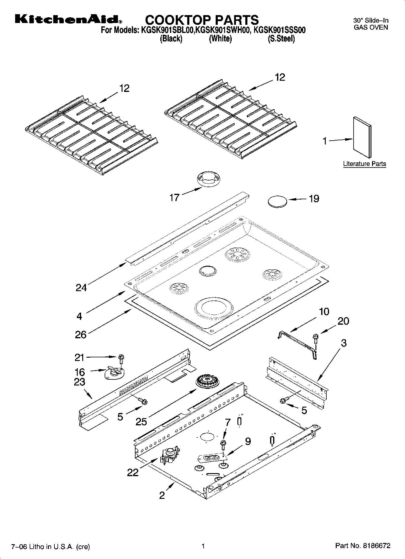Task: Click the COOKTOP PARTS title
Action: pyautogui.click(x=202, y=20)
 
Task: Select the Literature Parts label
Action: pyautogui.click(x=364, y=164)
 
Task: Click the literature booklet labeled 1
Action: pyautogui.click(x=362, y=137)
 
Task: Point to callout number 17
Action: pyautogui.click(x=174, y=198)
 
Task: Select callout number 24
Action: pyautogui.click(x=81, y=288)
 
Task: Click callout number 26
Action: pyautogui.click(x=81, y=334)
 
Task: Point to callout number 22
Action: pyautogui.click(x=132, y=472)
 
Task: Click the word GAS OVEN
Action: pyautogui.click(x=371, y=27)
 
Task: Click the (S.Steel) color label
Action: pyautogui.click(x=281, y=39)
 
